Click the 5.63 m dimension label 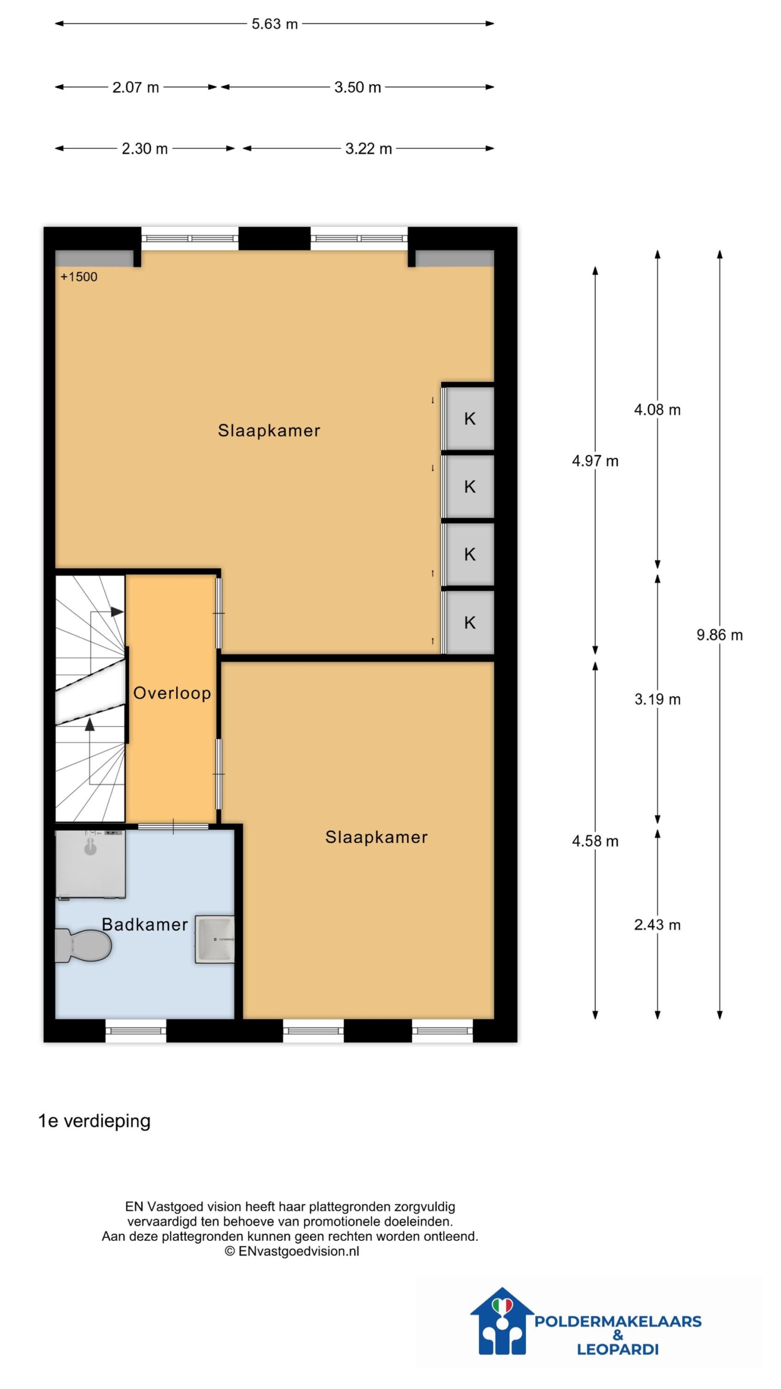274,24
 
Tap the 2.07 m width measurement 136,87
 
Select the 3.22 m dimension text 368,149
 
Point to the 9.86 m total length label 719,635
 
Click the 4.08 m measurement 657,410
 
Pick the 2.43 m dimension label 657,925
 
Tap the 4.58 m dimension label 595,841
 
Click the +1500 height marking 79,277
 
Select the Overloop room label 172,693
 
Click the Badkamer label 145,925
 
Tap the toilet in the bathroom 83,945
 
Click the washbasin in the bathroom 215,940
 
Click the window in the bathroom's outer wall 136,1030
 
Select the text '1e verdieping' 94,1121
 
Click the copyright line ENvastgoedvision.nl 292,1251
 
